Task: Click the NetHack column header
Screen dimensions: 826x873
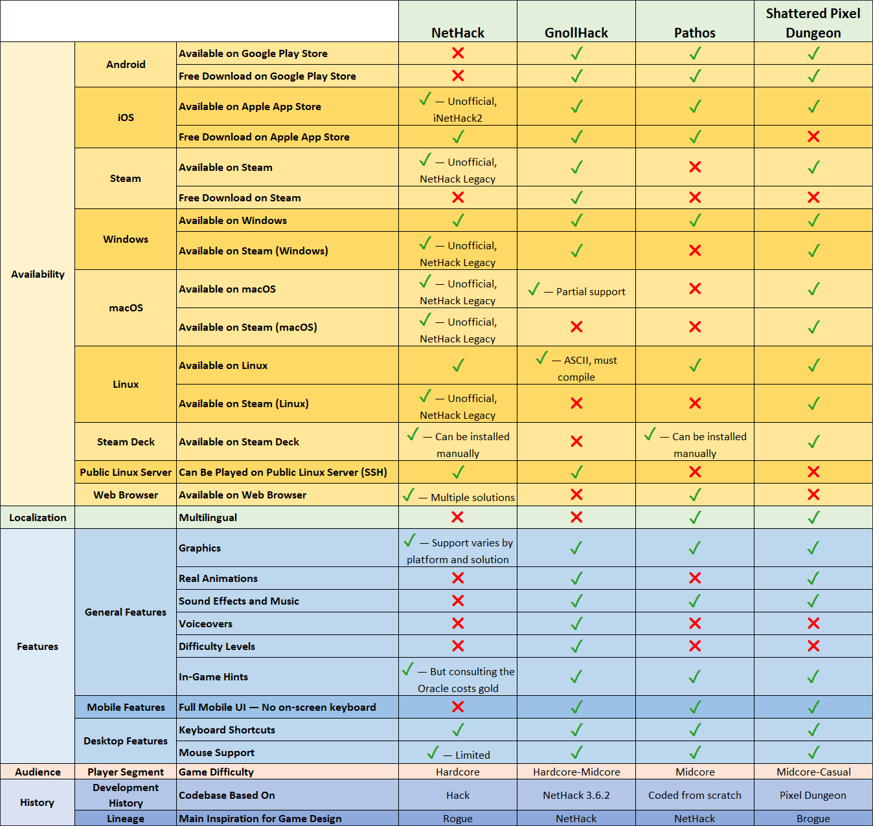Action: tap(458, 32)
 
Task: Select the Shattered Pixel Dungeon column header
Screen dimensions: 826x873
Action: tap(813, 23)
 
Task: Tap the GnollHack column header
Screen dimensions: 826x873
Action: tap(576, 32)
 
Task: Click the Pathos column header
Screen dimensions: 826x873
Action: tap(694, 32)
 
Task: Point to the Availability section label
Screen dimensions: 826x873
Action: tap(38, 274)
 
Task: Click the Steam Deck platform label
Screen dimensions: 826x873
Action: tap(126, 441)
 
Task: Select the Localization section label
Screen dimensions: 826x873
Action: tap(38, 517)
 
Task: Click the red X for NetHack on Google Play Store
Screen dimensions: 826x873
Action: tap(458, 53)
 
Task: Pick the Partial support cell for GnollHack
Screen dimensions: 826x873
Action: tap(576, 291)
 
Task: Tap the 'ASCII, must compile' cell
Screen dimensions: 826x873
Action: tap(576, 368)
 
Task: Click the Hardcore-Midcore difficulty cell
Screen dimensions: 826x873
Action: tap(576, 772)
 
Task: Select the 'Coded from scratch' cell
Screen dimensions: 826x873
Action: tap(694, 795)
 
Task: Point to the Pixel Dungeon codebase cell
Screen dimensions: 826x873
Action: tap(813, 795)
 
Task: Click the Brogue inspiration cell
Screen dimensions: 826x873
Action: tap(813, 818)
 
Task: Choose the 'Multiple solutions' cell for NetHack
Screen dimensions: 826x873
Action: tap(458, 497)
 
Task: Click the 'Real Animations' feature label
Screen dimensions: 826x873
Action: tap(218, 578)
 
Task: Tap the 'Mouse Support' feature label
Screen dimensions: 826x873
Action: tap(216, 752)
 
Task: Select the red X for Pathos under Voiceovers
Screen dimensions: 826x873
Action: tap(695, 623)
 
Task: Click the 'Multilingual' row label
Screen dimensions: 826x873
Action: tap(208, 517)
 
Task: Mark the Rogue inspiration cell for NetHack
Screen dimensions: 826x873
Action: tap(458, 818)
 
